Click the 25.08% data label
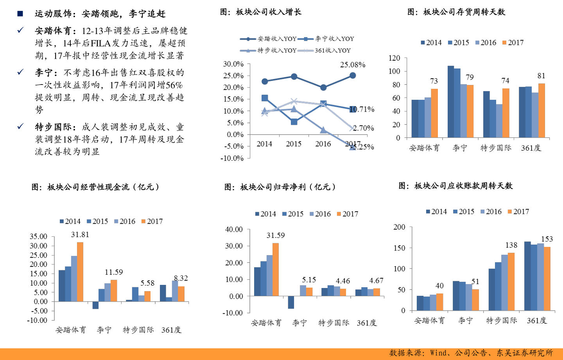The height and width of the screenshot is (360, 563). pos(352,65)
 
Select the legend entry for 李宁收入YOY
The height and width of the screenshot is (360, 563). pos(326,39)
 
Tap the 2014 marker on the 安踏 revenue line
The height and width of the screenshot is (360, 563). pos(265,81)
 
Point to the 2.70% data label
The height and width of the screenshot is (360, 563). pos(363,128)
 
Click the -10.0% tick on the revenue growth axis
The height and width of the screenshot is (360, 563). pos(232,158)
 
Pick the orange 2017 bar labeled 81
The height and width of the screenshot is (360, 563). pos(541,110)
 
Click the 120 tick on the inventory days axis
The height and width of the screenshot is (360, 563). pos(394,58)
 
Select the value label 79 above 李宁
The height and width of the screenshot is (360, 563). pos(470,77)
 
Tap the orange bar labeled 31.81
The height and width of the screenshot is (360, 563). pos(80,272)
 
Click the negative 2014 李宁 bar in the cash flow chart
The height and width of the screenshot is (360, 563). pos(95,305)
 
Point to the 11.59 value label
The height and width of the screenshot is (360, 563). pos(114,272)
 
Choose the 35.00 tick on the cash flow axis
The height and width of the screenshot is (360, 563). pos(38,236)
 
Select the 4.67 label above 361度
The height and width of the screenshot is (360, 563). pos(376,281)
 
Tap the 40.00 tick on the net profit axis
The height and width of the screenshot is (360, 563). pos(234,229)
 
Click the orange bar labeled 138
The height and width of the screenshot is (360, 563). pos(511,282)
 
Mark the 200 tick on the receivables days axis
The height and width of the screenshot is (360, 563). pos(399,227)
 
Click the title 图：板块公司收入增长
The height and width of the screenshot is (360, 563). pos(261,12)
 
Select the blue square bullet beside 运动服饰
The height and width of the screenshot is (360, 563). pos(20,14)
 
